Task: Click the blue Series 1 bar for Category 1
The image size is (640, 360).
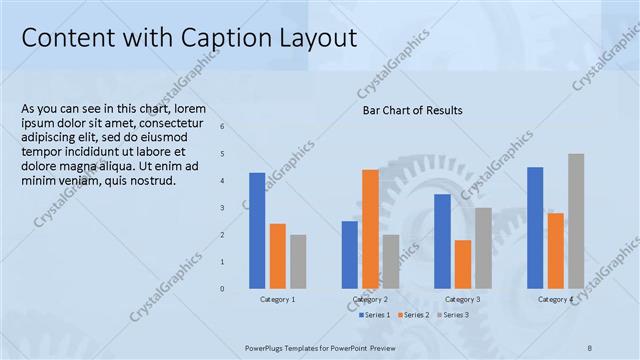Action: click(x=257, y=230)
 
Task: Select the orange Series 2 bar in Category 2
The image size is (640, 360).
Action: click(x=370, y=229)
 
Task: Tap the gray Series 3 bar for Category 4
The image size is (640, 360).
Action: click(x=576, y=221)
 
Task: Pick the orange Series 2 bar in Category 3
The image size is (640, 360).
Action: click(x=463, y=264)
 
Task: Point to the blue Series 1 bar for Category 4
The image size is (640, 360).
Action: click(x=535, y=227)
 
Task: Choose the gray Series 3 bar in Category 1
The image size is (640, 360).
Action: click(x=298, y=261)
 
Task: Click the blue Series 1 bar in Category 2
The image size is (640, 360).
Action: click(x=349, y=254)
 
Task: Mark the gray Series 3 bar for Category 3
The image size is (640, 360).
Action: click(x=483, y=248)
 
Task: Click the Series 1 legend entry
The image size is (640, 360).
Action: click(x=374, y=315)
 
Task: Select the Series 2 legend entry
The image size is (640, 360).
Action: click(x=413, y=315)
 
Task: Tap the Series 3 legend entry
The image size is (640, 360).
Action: click(x=451, y=315)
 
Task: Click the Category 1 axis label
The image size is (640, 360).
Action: click(x=277, y=300)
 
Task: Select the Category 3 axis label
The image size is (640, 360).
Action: click(x=462, y=300)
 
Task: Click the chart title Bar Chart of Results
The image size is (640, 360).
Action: click(x=412, y=110)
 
